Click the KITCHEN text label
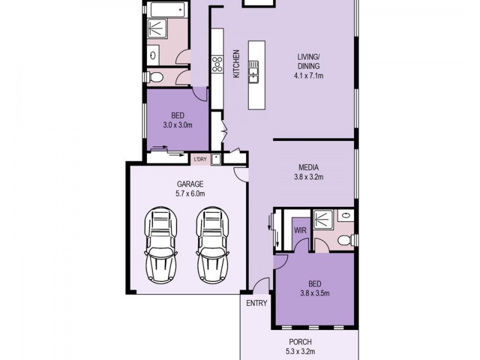[x=236, y=63]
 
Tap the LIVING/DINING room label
[x=309, y=62]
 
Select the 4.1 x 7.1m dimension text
[x=309, y=76]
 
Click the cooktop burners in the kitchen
[x=217, y=64]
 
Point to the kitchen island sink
[x=254, y=70]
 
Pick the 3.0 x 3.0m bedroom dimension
[x=177, y=125]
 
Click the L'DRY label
[x=199, y=159]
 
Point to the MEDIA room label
[x=309, y=167]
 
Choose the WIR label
[x=300, y=230]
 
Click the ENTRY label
[x=256, y=303]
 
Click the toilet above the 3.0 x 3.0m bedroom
[x=157, y=76]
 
